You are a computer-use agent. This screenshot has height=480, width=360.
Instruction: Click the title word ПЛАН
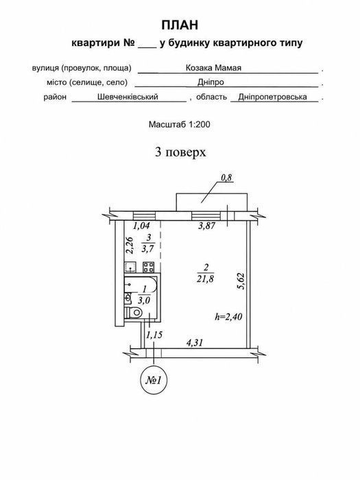(180, 25)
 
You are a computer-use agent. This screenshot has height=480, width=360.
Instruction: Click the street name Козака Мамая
(213, 68)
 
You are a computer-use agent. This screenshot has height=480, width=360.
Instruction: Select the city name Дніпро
(211, 82)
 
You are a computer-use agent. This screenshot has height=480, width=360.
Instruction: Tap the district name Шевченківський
(128, 97)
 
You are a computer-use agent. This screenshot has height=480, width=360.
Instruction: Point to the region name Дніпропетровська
(272, 97)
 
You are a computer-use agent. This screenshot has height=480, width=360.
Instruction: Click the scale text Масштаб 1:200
(180, 124)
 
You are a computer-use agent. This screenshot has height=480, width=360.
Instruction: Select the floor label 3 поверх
(180, 152)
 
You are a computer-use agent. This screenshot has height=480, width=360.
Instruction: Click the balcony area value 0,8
(226, 178)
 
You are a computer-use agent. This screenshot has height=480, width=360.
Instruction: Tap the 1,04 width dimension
(141, 226)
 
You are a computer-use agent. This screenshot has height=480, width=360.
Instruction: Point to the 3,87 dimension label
(207, 226)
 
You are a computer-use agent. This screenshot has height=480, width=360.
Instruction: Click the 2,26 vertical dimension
(130, 245)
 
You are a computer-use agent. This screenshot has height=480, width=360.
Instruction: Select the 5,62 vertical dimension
(241, 281)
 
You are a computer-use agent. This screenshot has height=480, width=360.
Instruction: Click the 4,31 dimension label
(195, 342)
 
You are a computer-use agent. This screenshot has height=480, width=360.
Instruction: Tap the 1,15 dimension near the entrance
(154, 335)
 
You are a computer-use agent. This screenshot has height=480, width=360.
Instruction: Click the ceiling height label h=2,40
(228, 317)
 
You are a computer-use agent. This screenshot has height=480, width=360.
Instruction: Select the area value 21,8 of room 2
(206, 279)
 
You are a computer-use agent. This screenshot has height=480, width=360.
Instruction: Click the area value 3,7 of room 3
(147, 249)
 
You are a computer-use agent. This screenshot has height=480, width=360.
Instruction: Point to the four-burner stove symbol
(149, 267)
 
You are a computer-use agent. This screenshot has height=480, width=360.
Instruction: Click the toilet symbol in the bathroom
(134, 313)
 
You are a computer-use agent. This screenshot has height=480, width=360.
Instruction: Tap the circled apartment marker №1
(153, 380)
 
